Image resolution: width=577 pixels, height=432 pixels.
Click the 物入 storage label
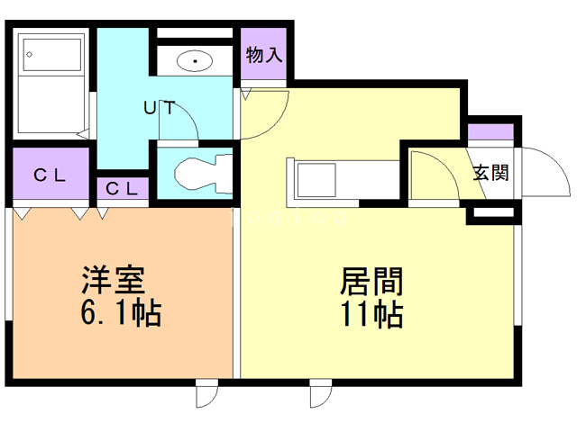[264, 54]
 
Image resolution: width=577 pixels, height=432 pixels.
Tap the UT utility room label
[160, 108]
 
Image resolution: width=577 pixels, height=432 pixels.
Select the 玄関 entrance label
[491, 172]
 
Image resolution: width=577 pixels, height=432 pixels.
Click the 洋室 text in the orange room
[112, 282]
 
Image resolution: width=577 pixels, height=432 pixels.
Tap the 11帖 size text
[371, 315]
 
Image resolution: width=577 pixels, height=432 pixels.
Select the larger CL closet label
[50, 175]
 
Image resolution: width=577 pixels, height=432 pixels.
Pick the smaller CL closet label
[122, 188]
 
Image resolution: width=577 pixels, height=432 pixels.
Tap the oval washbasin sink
[196, 61]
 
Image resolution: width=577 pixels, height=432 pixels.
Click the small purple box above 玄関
[490, 131]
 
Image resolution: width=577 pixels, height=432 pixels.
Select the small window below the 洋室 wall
[206, 394]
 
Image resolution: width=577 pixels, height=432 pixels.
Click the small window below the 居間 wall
[320, 394]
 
